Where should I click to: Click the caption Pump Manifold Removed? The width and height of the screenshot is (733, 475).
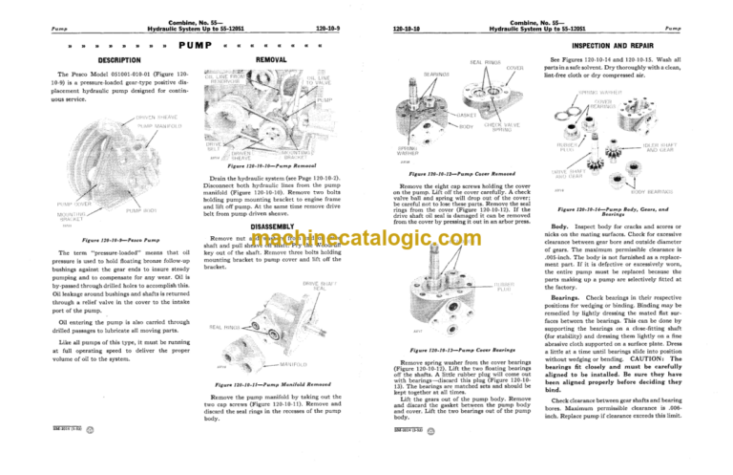point(266,385)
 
